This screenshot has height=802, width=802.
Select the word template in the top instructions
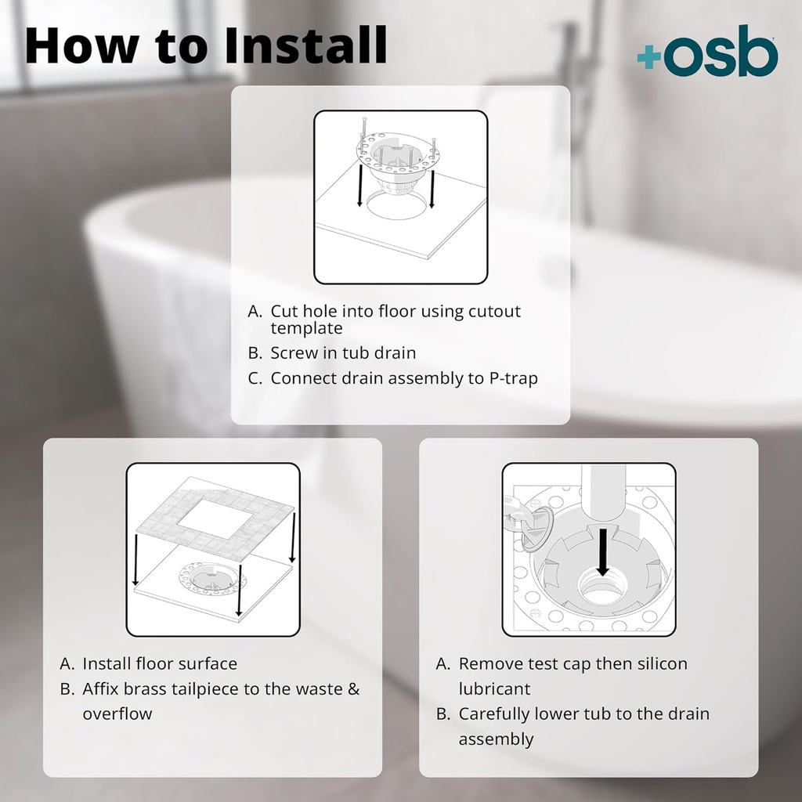coord(306,328)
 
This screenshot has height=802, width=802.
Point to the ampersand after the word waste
coord(353,689)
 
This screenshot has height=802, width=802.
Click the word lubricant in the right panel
coord(494,689)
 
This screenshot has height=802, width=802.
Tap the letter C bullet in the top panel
coord(254,378)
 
